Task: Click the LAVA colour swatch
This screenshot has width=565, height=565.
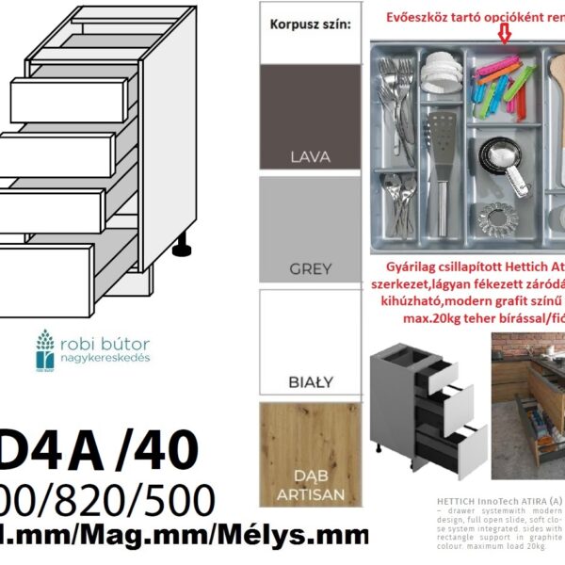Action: [310, 118]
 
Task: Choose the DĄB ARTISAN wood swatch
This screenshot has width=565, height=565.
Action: [310, 453]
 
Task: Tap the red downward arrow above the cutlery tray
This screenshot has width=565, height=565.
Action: [506, 34]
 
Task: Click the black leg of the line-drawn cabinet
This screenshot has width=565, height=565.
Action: [180, 247]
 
